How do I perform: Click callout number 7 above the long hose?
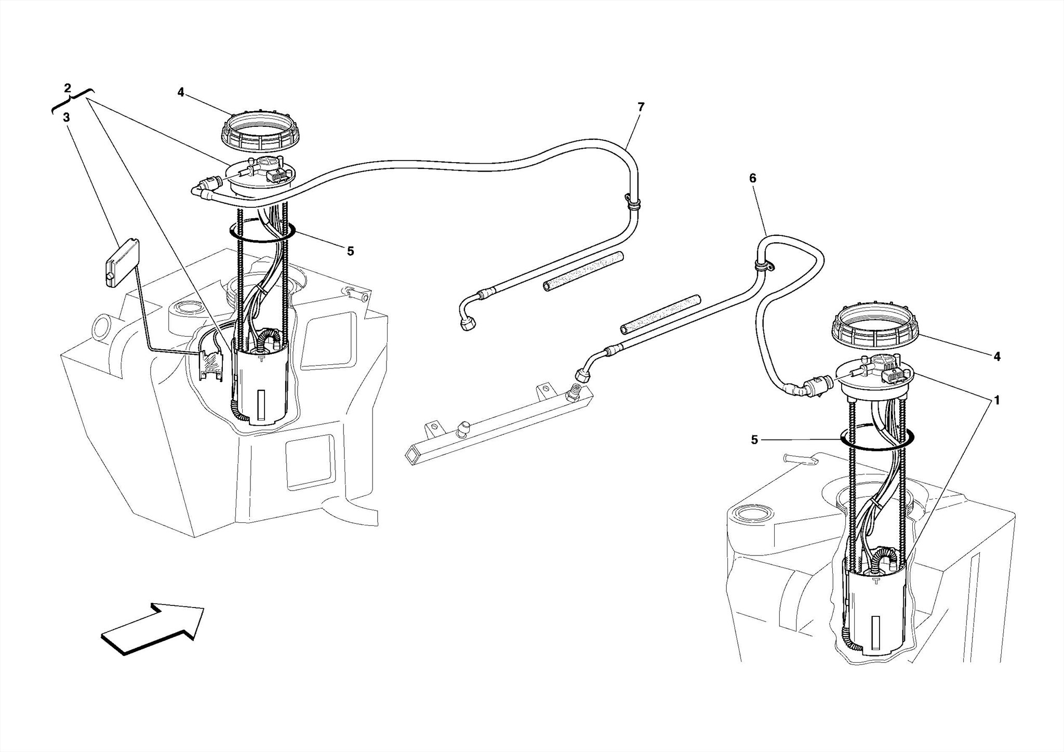tap(641, 107)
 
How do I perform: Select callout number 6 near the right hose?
tap(753, 178)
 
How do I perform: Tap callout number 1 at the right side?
tap(996, 400)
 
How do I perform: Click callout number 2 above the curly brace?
tap(68, 88)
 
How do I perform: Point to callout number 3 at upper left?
tap(66, 118)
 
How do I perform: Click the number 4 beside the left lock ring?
tap(180, 93)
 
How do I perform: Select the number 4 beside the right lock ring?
tap(996, 357)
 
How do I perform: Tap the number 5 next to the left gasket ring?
tap(350, 252)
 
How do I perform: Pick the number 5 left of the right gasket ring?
tap(754, 440)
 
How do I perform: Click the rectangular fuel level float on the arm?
tap(122, 262)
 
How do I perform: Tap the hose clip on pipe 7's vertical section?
tap(633, 202)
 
